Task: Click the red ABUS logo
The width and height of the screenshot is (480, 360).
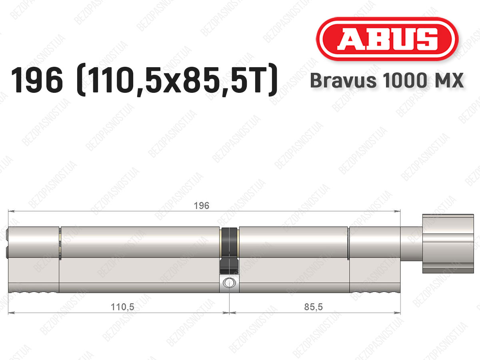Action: click(x=387, y=39)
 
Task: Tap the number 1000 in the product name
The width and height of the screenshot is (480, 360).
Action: click(x=405, y=80)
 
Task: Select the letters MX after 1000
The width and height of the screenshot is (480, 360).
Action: click(x=447, y=80)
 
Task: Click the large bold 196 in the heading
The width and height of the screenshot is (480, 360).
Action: click(x=37, y=80)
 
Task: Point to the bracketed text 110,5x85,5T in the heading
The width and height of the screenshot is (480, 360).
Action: click(x=177, y=80)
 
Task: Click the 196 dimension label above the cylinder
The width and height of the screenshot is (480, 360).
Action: click(x=202, y=206)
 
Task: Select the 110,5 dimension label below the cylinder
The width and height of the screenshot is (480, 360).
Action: click(x=122, y=307)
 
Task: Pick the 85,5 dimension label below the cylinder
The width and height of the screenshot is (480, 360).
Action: click(x=313, y=307)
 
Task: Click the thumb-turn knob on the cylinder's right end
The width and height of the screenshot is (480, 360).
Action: click(x=448, y=244)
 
